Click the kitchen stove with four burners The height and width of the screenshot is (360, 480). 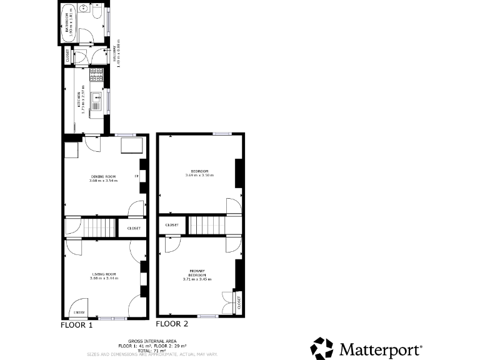[x=97, y=76]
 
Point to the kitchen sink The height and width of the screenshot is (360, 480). [x=96, y=99]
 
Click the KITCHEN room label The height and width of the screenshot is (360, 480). [x=79, y=100]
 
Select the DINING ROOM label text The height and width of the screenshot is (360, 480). [x=103, y=177]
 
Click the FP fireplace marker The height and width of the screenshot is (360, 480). [x=136, y=176]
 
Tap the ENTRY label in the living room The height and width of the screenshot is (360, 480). [x=79, y=312]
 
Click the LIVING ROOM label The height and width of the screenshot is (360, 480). [x=103, y=274]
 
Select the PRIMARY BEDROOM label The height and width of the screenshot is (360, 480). [x=197, y=272]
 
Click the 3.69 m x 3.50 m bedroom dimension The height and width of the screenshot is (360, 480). [x=199, y=175]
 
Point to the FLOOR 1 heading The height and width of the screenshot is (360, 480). [x=76, y=325]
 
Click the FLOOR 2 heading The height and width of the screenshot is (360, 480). [x=172, y=324]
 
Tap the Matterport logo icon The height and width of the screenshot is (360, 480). [x=322, y=347]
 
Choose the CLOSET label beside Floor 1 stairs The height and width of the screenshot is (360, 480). [x=133, y=228]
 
